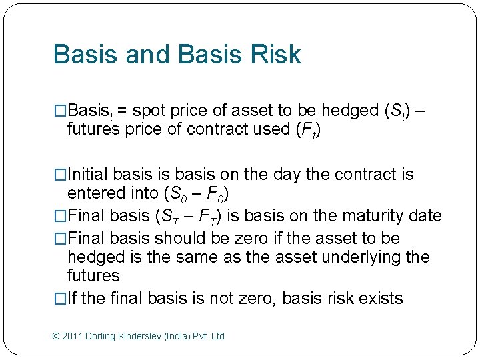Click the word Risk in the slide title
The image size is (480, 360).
pos(274,55)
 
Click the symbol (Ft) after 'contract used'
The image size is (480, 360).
pos(307,130)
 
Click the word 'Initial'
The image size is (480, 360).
pos(89,175)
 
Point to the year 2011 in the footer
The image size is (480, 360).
pos(73,336)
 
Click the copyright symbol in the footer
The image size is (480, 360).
pos(56,336)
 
